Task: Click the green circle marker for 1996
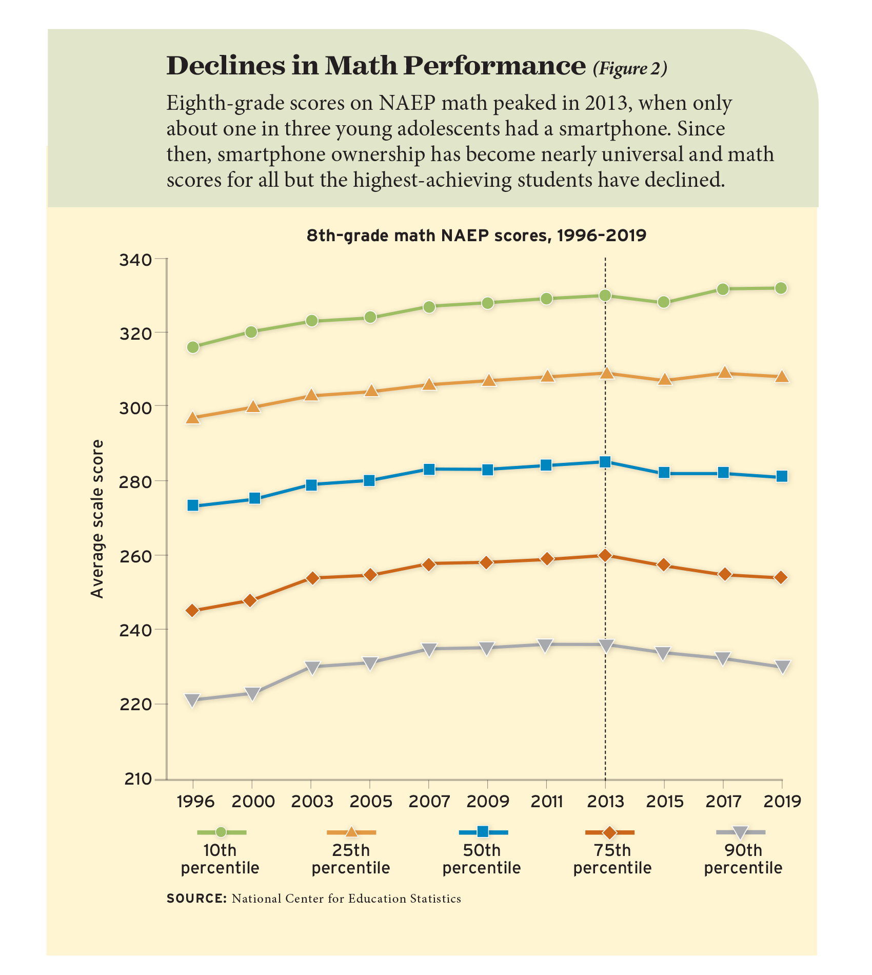193,347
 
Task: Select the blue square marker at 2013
605,462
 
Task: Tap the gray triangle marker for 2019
782,667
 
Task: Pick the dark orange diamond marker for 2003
311,578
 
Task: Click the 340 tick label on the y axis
135,260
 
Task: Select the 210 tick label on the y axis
137,779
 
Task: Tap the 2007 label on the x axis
429,802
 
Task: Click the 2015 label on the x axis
664,802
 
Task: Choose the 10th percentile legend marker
221,832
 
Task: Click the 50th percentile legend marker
483,832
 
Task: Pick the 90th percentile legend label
743,859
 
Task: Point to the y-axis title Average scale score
97,518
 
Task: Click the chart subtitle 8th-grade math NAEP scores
477,236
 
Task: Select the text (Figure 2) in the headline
630,68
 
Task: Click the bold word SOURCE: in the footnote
196,899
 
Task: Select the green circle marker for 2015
664,302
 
